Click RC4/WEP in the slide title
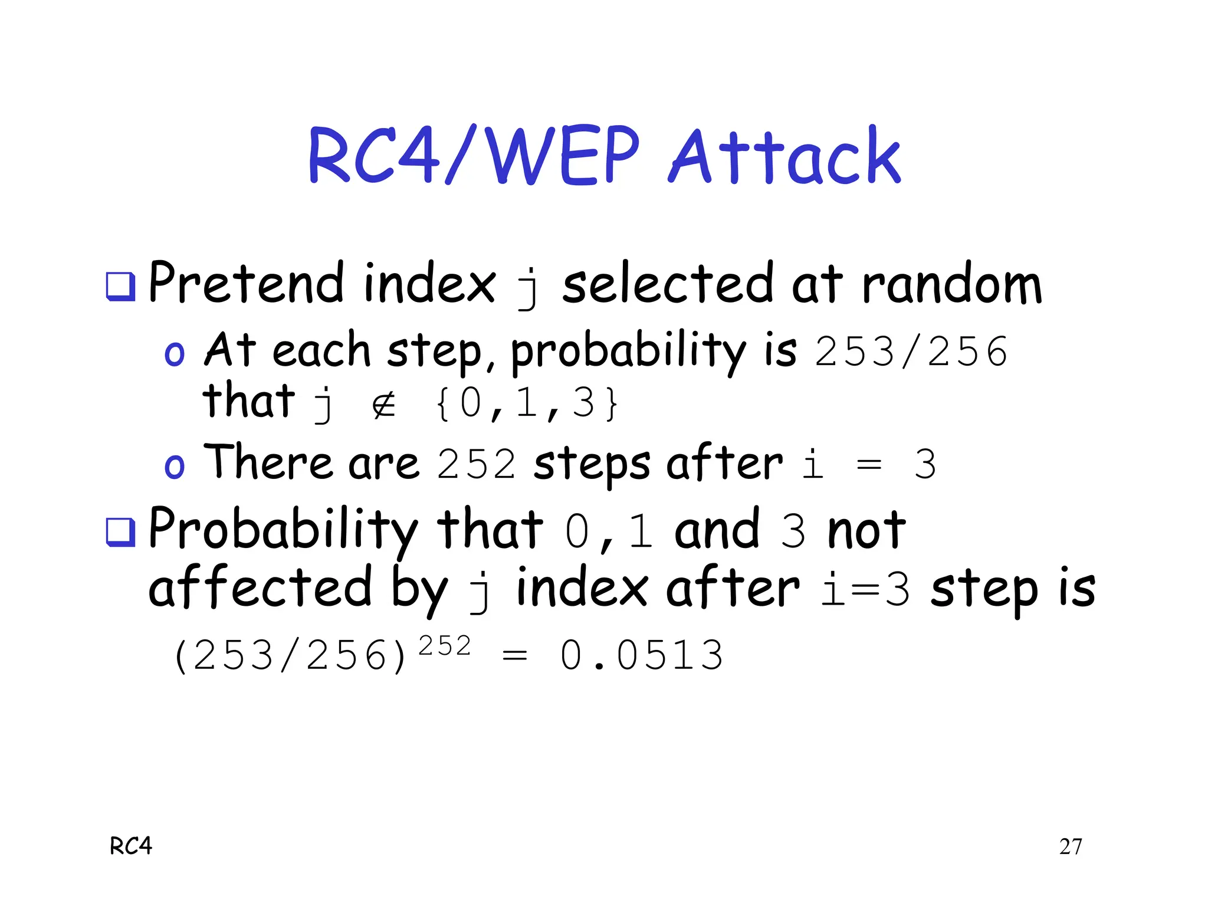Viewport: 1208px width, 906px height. pyautogui.click(x=474, y=156)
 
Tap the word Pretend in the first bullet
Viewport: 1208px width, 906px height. pyautogui.click(x=246, y=283)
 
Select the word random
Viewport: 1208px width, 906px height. pyautogui.click(x=951, y=285)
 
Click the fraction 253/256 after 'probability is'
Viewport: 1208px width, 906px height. pyautogui.click(x=911, y=352)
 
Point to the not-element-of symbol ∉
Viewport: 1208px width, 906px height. pyautogui.click(x=384, y=405)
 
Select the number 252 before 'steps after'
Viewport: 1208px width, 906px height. pyautogui.click(x=477, y=464)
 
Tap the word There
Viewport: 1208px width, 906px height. pyautogui.click(x=267, y=462)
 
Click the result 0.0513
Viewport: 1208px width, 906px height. pyautogui.click(x=641, y=655)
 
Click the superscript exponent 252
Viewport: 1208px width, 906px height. pyautogui.click(x=445, y=646)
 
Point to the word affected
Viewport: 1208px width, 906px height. pyautogui.click(x=260, y=587)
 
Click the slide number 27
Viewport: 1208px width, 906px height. pyautogui.click(x=1070, y=846)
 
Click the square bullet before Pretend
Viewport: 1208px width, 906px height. pyautogui.click(x=120, y=287)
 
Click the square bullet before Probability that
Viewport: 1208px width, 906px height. pyautogui.click(x=120, y=531)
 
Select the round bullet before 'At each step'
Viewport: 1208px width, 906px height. pyautogui.click(x=174, y=354)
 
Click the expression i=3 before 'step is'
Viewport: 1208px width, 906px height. pyautogui.click(x=866, y=590)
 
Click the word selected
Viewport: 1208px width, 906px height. pyautogui.click(x=667, y=284)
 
